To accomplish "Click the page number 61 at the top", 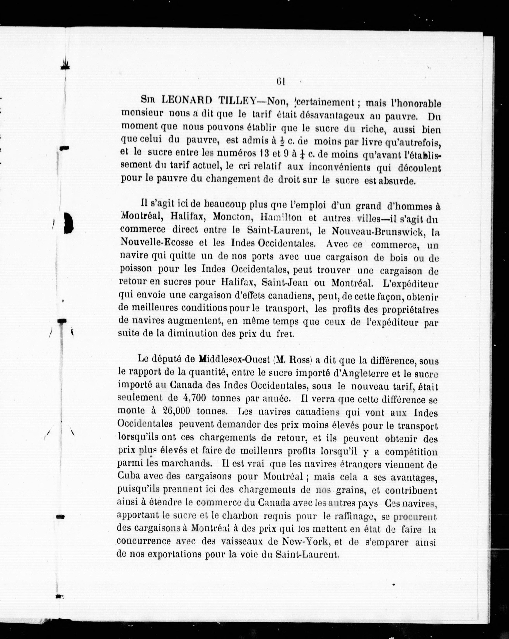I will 280,81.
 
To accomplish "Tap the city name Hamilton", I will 280,218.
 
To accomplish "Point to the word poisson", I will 136,268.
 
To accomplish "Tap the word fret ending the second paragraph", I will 286,334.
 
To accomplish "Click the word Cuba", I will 129,476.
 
